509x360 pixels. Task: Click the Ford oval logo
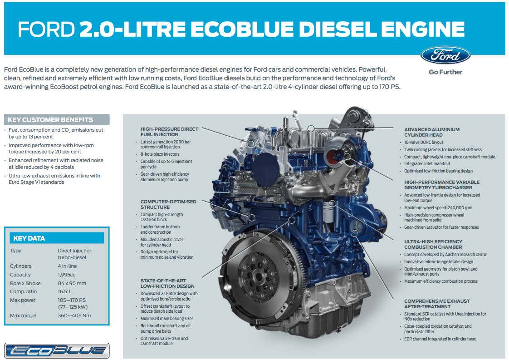[x=445, y=55]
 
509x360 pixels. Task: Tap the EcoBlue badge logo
[x=57, y=350]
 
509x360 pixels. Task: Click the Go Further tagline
[x=445, y=72]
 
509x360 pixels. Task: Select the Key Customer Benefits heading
[x=50, y=120]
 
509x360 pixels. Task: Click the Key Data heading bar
[x=57, y=238]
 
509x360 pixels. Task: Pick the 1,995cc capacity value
[x=67, y=275]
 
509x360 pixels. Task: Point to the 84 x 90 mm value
[x=72, y=283]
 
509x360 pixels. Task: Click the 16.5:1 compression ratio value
[x=64, y=292]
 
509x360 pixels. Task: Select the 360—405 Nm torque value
[x=74, y=316]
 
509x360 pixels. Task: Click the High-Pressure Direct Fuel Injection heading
[x=169, y=132]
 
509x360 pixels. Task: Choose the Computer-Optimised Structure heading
[x=168, y=204]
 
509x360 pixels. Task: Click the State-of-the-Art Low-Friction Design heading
[x=167, y=283]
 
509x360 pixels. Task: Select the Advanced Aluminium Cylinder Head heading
[x=432, y=132]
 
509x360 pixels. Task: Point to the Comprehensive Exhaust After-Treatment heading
[x=437, y=304]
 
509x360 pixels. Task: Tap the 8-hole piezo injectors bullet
[x=160, y=154]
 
